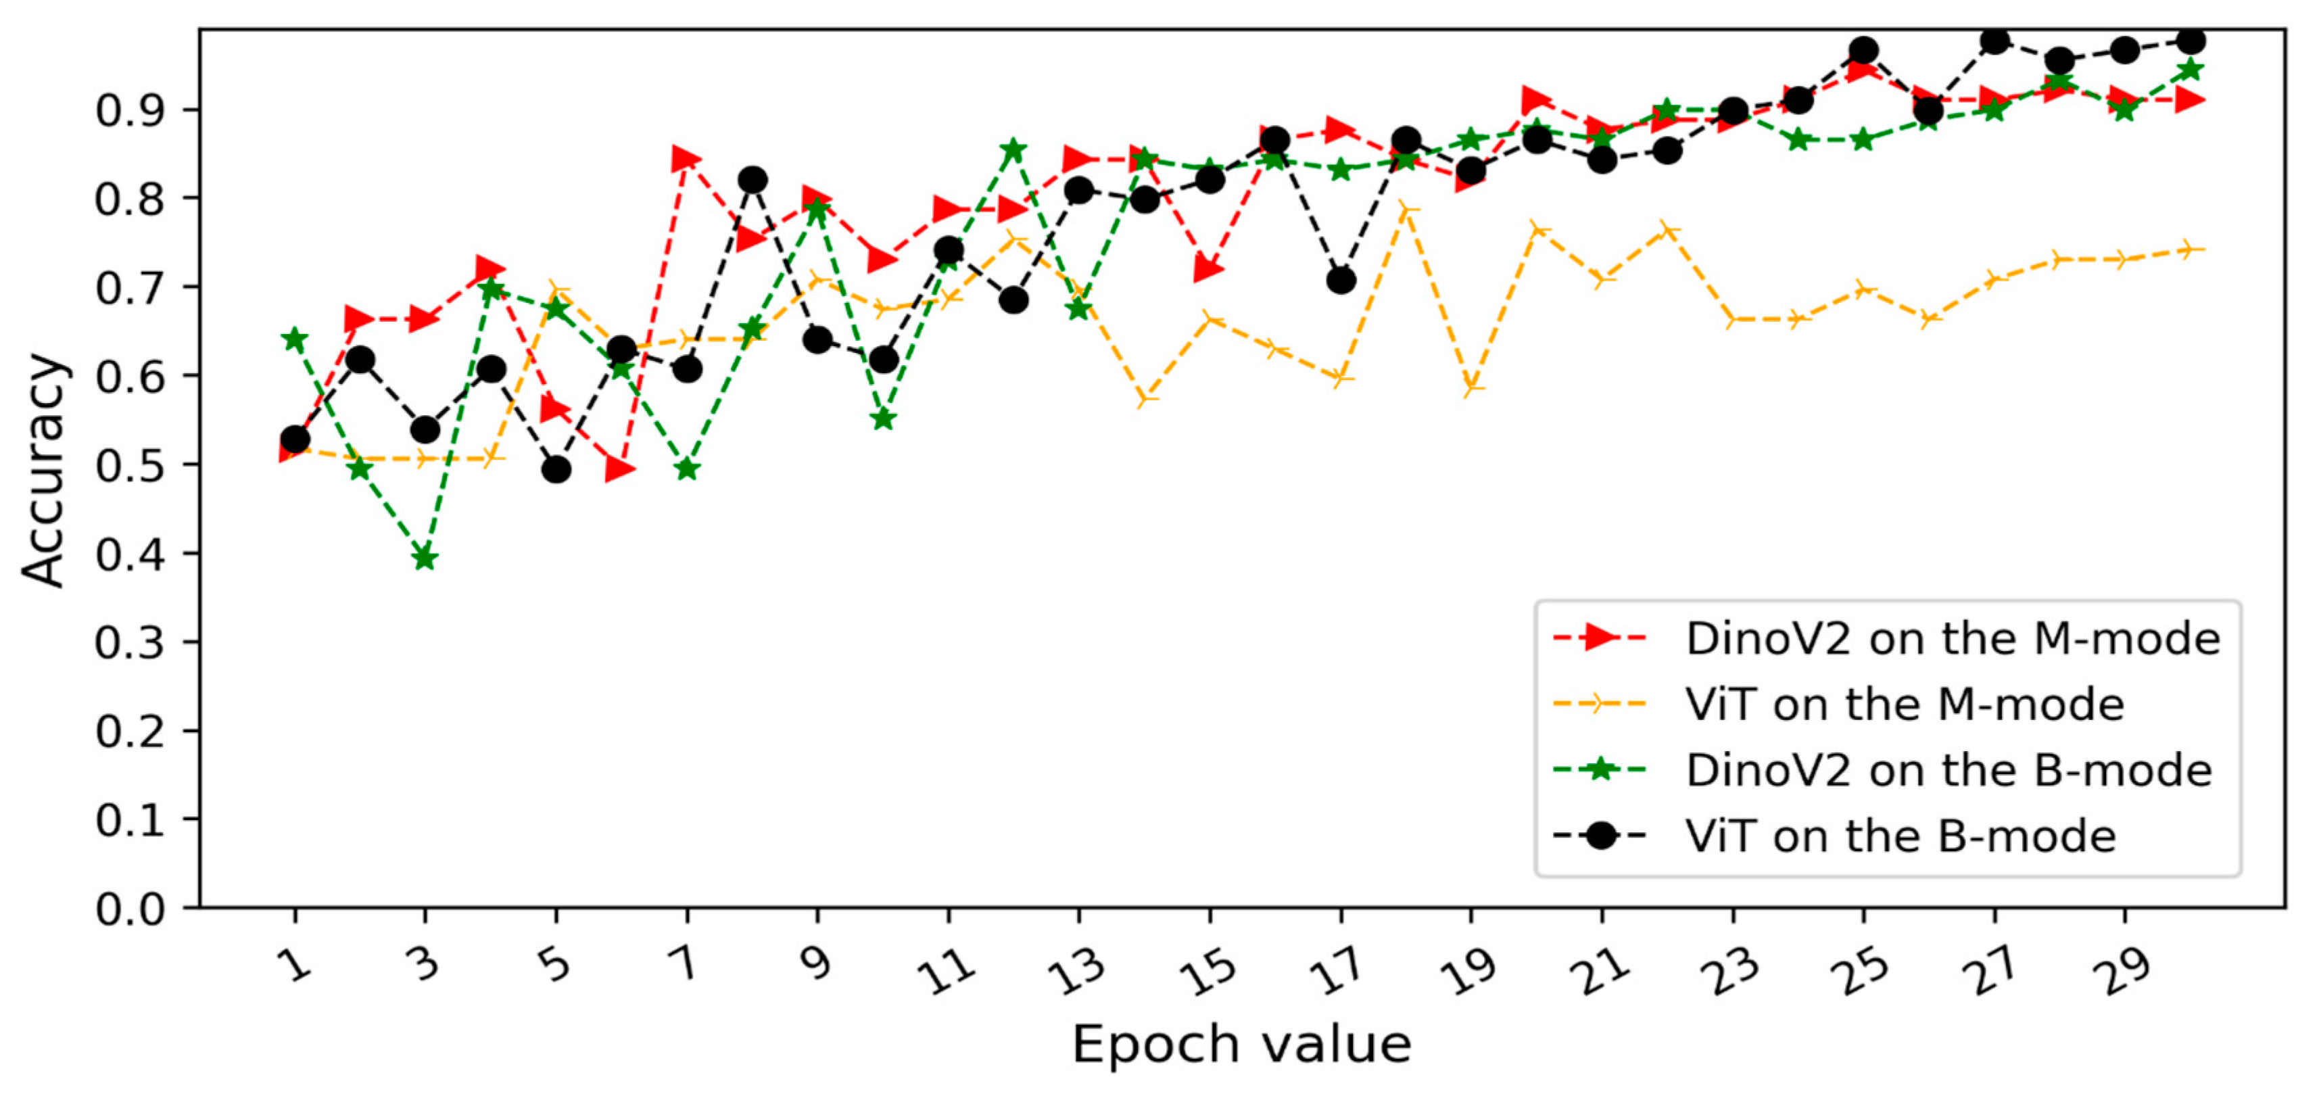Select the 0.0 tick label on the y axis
pyautogui.click(x=130, y=909)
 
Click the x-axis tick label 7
pyautogui.click(x=686, y=965)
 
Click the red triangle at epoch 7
pyautogui.click(x=686, y=160)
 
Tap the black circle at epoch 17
pyautogui.click(x=1341, y=281)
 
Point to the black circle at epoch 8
pyautogui.click(x=752, y=180)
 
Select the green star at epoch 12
pyautogui.click(x=1013, y=149)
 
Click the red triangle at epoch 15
pyautogui.click(x=1208, y=269)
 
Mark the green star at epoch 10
pyautogui.click(x=883, y=419)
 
